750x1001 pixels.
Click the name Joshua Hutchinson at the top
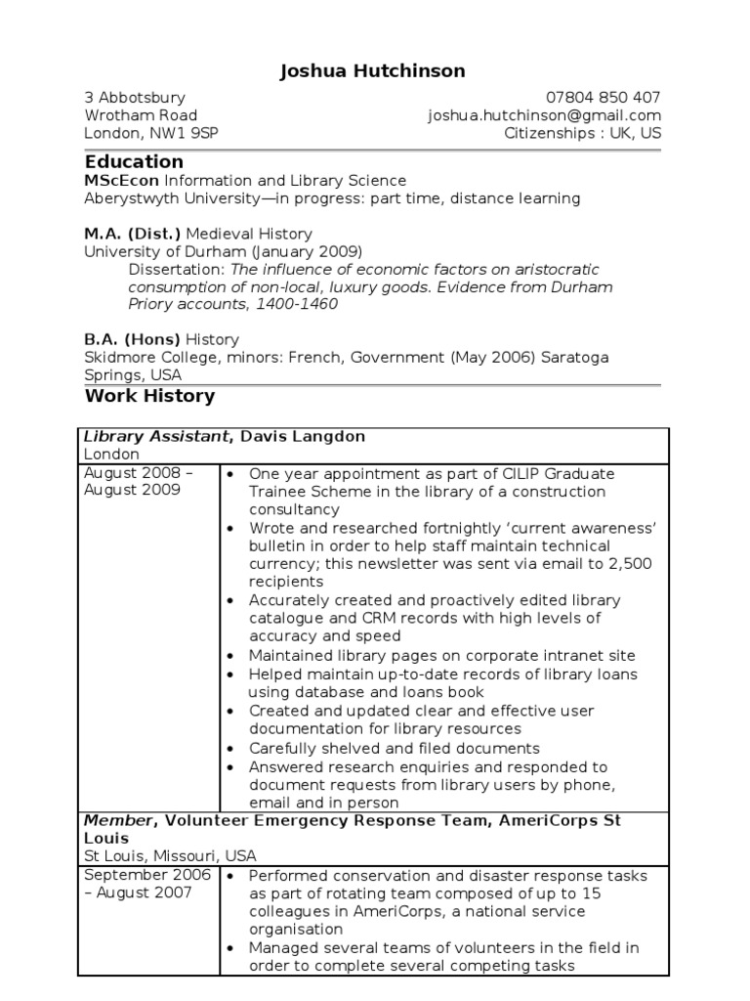[x=373, y=70]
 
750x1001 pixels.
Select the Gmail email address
[x=544, y=115]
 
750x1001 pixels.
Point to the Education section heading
[x=134, y=161]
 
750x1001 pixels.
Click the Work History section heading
[x=149, y=396]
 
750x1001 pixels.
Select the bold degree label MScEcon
[x=122, y=181]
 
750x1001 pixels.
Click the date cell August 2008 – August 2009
[x=139, y=482]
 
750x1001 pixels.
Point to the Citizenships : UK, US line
[x=582, y=133]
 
